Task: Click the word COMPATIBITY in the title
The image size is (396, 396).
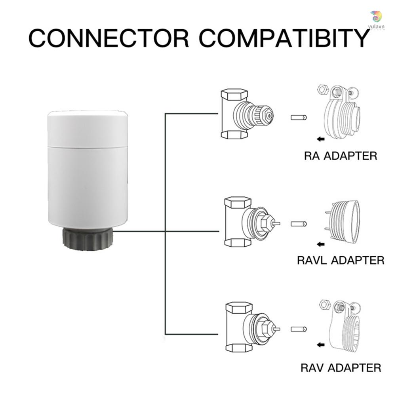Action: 284,38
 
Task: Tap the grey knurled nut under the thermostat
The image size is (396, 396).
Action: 88,239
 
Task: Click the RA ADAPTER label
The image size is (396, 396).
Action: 341,156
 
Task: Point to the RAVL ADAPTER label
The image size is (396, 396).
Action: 341,260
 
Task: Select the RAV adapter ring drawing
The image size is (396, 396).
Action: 345,326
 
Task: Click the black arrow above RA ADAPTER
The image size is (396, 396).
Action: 320,139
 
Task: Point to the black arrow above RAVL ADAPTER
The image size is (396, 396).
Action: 320,244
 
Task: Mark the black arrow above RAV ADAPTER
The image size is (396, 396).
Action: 320,345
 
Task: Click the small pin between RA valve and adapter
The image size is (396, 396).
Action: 299,118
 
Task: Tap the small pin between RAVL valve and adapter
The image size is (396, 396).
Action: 299,224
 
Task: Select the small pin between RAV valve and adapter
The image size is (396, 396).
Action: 299,329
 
